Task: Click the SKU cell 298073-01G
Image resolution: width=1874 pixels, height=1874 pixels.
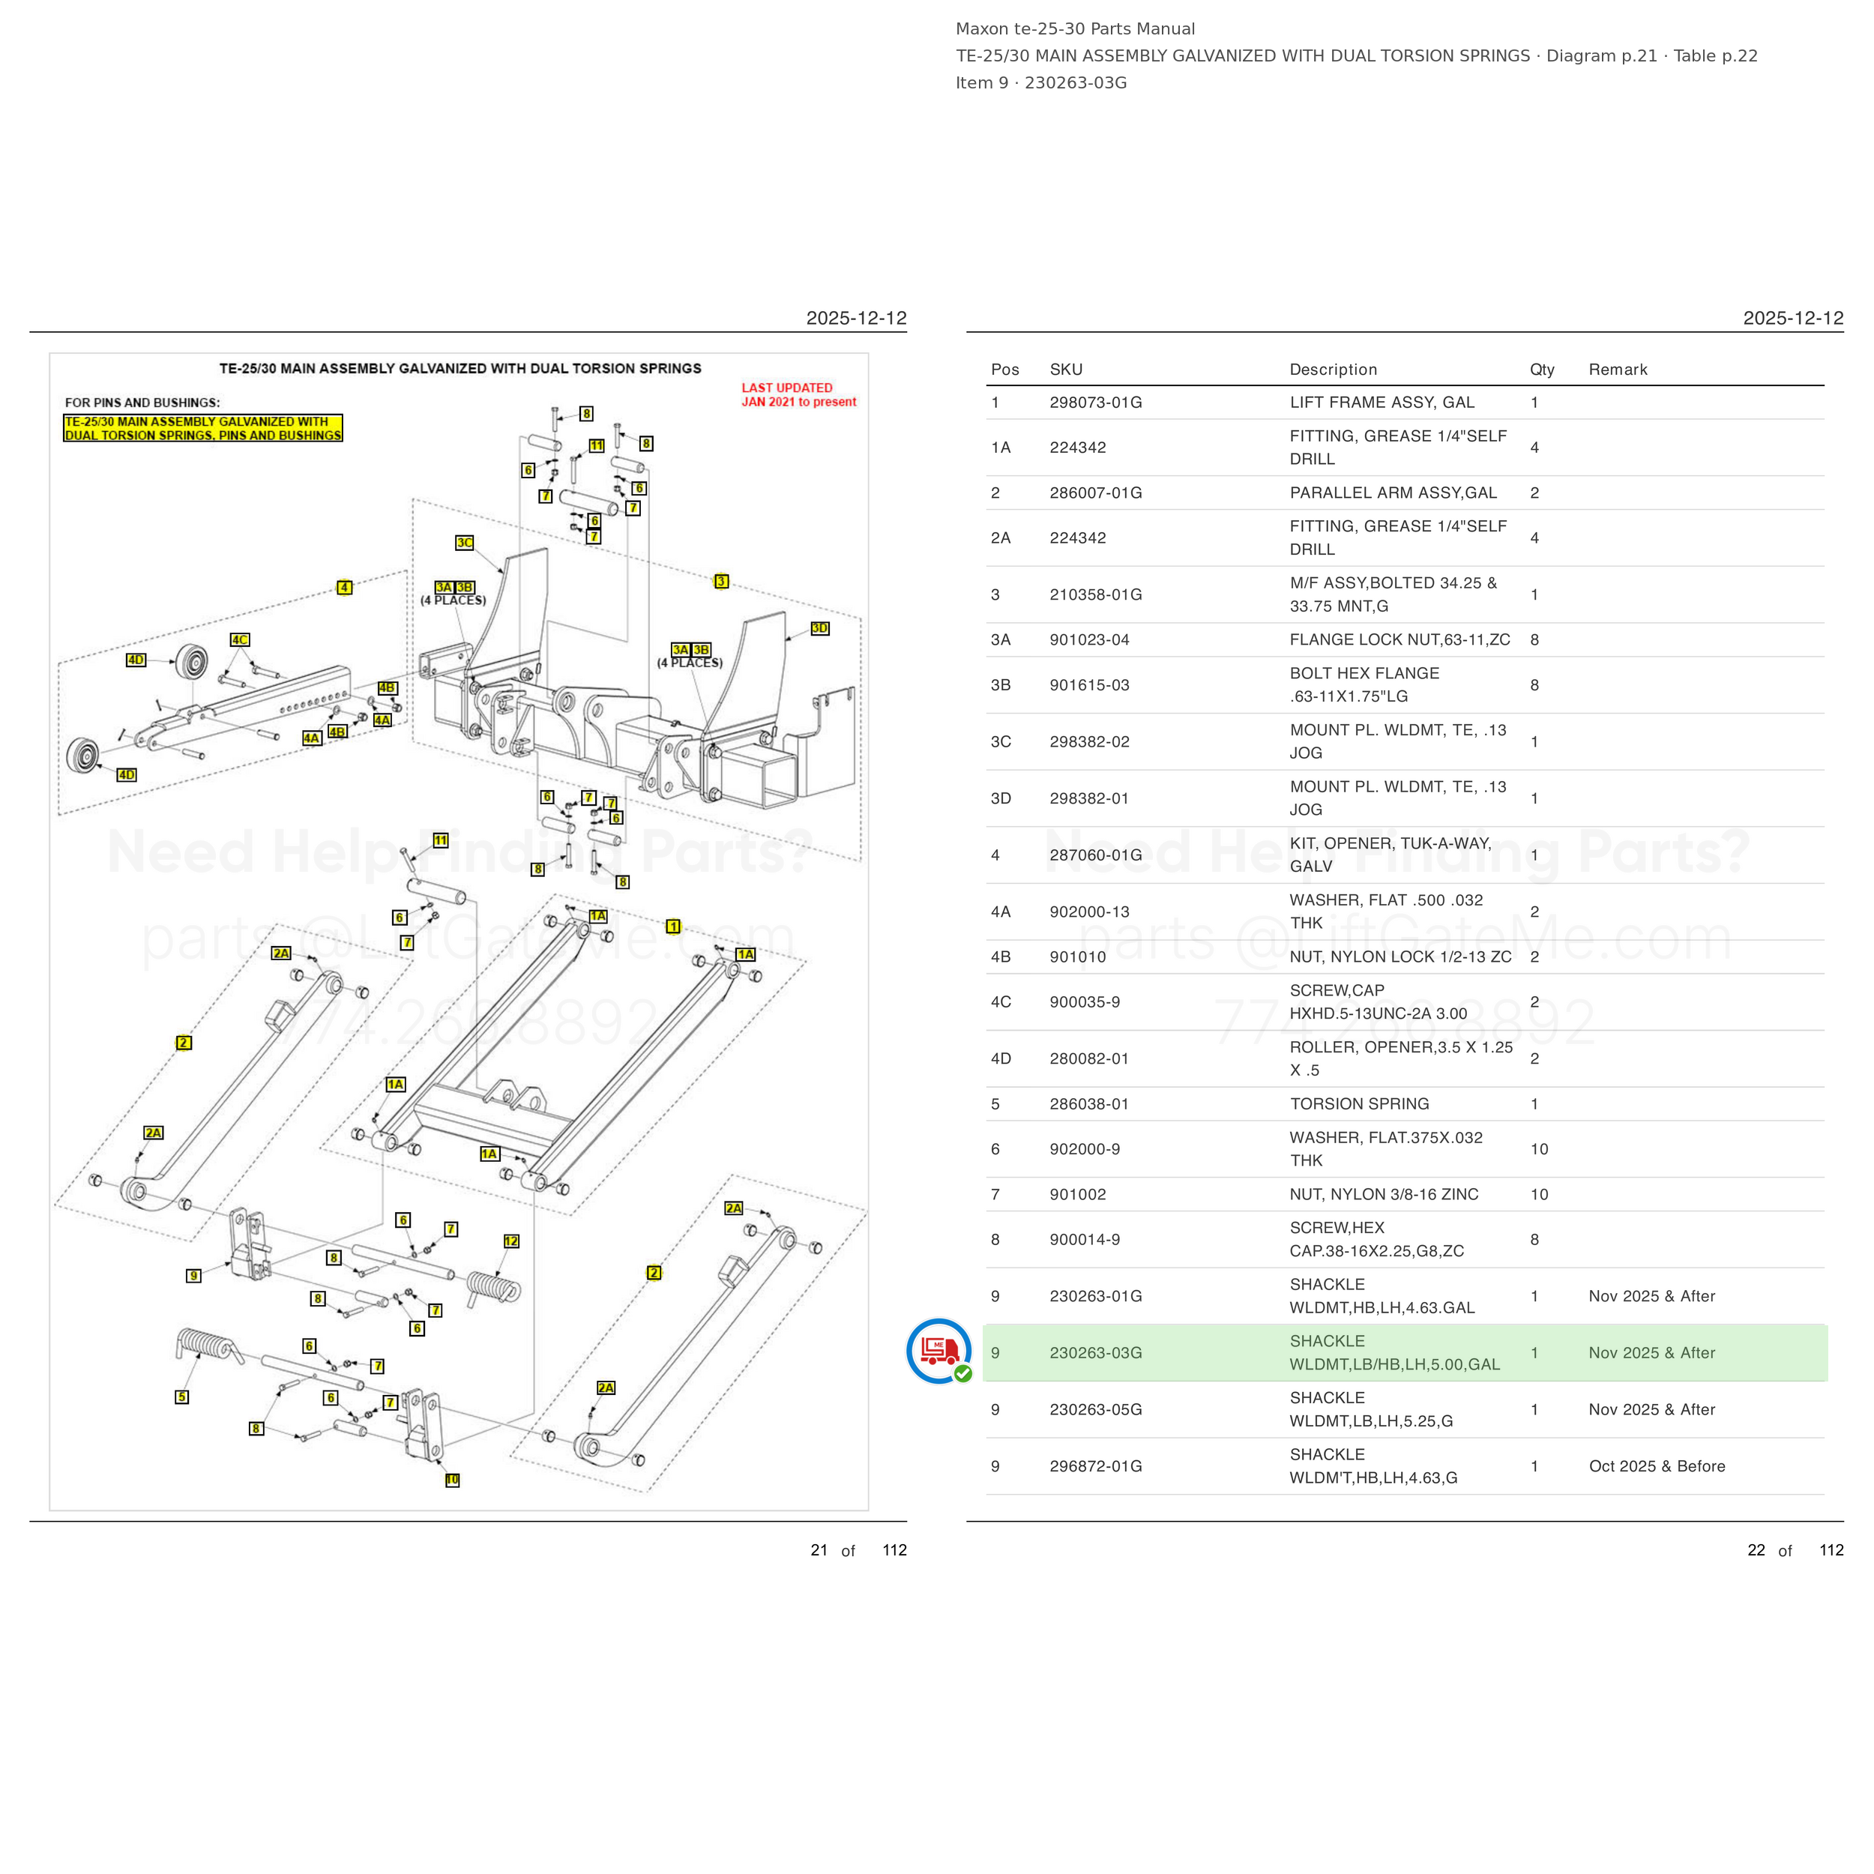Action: (x=1095, y=403)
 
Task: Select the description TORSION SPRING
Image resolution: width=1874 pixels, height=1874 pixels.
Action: (x=1359, y=1104)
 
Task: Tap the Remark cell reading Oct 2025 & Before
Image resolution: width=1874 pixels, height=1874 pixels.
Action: (x=1657, y=1465)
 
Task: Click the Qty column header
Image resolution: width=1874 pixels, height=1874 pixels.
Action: (x=1542, y=370)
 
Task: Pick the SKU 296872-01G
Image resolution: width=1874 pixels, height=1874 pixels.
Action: (x=1095, y=1465)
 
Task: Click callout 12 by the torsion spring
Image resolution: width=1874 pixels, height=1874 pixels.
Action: (x=511, y=1241)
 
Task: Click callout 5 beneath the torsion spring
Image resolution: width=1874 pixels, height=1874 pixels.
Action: (x=182, y=1397)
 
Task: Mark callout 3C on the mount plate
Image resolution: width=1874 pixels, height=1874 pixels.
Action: (x=465, y=542)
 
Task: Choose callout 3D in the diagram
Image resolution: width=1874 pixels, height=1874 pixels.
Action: (x=819, y=629)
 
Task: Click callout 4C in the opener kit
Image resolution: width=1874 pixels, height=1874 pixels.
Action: (x=240, y=640)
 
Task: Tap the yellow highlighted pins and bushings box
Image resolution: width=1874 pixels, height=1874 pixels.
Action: (x=202, y=429)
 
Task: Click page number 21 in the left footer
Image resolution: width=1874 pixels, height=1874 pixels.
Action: (x=819, y=1550)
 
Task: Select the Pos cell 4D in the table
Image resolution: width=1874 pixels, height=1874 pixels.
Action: (x=1001, y=1058)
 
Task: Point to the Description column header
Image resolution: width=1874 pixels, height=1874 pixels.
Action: (x=1333, y=370)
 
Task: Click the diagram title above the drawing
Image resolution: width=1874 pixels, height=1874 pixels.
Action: (x=460, y=369)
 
